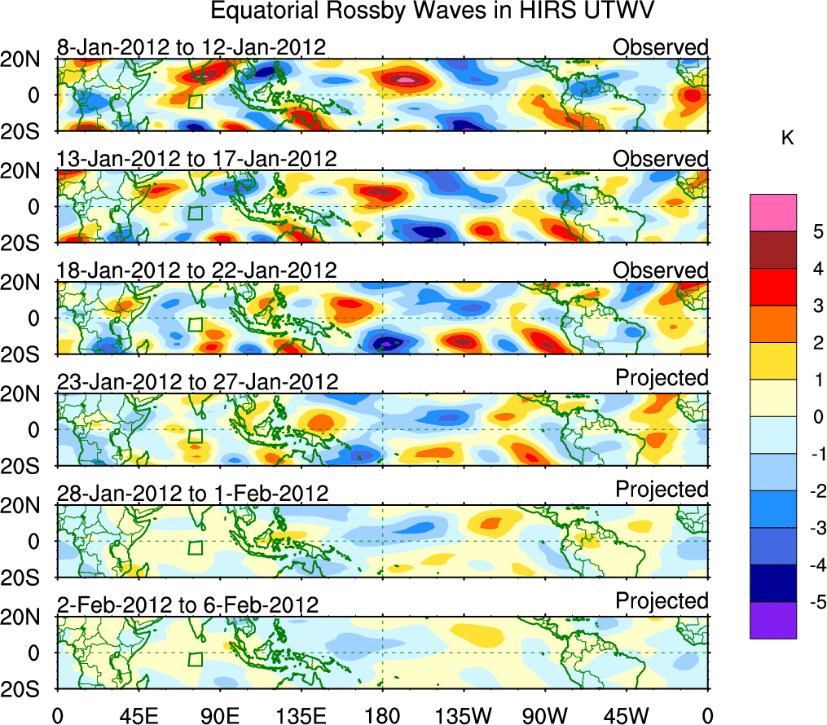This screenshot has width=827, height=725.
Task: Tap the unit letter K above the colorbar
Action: click(x=787, y=139)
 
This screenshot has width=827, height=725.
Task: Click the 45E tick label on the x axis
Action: click(x=138, y=714)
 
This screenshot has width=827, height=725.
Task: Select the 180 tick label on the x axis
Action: click(x=382, y=714)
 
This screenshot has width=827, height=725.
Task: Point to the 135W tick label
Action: click(x=464, y=714)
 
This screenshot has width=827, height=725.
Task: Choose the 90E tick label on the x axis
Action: click(x=219, y=714)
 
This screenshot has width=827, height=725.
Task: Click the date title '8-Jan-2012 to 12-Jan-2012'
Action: click(x=191, y=47)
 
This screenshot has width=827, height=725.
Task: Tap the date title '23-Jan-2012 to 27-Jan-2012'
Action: click(x=197, y=381)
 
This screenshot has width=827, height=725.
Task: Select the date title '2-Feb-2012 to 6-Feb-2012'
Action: click(x=188, y=604)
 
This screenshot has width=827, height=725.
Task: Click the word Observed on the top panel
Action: click(x=661, y=47)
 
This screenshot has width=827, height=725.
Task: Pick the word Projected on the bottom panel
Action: click(x=662, y=601)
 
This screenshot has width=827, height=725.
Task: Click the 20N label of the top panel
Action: click(x=27, y=59)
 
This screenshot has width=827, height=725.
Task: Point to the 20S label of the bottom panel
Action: click(x=27, y=689)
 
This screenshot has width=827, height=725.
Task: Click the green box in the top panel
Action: click(x=195, y=101)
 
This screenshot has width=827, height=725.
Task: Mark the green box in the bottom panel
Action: click(x=195, y=659)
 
